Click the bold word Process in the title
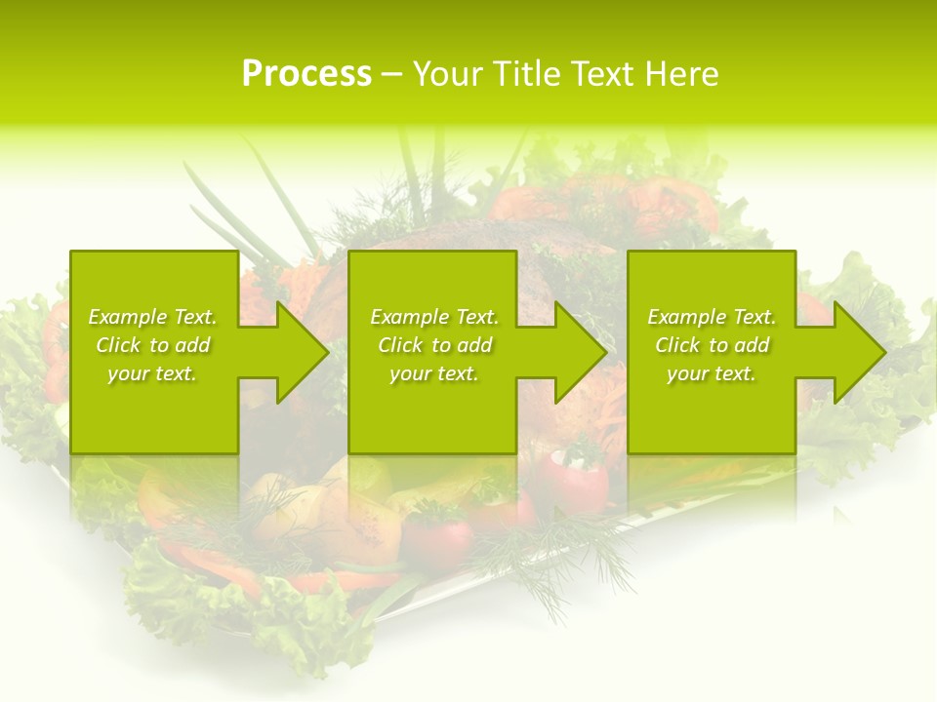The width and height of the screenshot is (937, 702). pos(306,74)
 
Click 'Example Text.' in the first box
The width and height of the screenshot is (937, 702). pos(152,317)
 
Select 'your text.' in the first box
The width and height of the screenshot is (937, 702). pos(152,373)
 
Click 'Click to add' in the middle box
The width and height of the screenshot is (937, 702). pos(434,345)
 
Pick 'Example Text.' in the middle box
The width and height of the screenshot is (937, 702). pos(434,317)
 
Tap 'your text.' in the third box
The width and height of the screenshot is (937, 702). pos(712,373)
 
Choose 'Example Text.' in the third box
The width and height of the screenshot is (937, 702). pos(712,317)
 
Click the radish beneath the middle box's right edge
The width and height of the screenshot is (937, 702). pos(575,478)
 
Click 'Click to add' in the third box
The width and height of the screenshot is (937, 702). pos(712,345)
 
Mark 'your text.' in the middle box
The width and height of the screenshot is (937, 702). pos(434,373)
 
